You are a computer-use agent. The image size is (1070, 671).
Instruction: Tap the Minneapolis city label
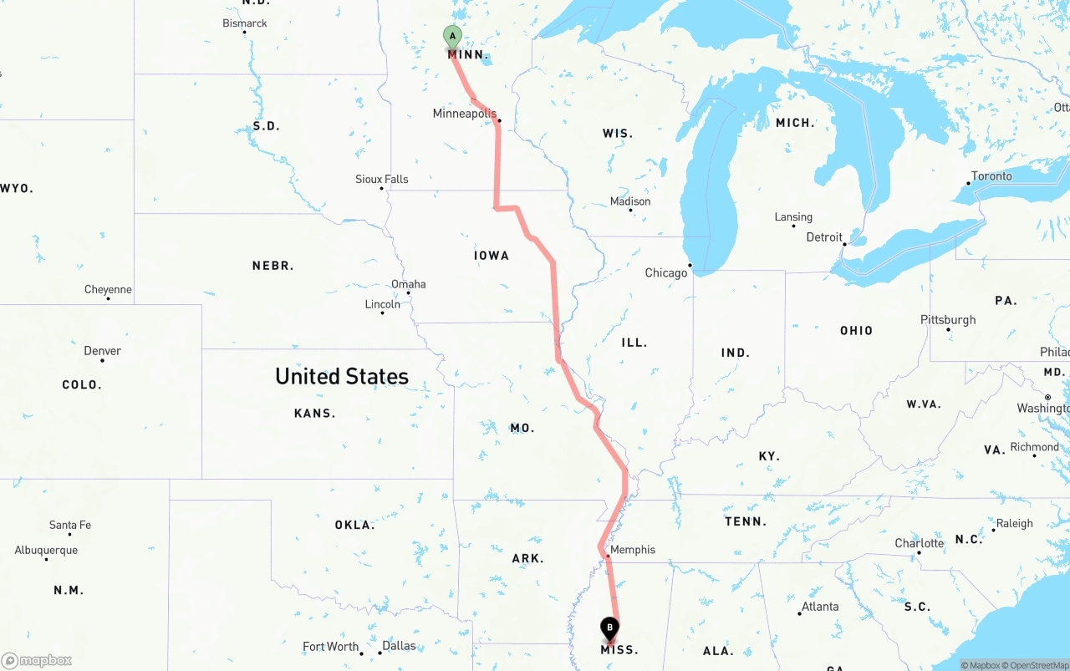[464, 114]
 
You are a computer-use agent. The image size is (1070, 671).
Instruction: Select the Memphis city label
[633, 550]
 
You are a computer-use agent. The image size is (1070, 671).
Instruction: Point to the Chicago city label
[665, 273]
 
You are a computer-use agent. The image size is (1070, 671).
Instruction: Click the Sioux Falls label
[382, 179]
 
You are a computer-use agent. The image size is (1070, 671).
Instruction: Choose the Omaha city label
[409, 284]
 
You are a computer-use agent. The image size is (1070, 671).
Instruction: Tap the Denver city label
[102, 351]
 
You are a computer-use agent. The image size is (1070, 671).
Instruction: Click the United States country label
[342, 377]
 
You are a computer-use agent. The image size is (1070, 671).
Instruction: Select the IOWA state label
[492, 256]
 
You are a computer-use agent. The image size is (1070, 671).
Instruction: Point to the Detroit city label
[824, 237]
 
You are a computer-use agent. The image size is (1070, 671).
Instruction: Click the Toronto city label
[991, 176]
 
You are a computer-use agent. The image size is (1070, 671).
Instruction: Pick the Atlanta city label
[820, 607]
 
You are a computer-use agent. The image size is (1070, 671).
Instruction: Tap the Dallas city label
[399, 646]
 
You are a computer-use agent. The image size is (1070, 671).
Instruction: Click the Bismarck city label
[245, 23]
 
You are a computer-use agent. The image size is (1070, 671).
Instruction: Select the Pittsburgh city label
[948, 320]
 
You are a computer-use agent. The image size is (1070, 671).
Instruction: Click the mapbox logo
[37, 661]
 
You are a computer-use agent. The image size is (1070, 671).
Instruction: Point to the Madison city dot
[630, 210]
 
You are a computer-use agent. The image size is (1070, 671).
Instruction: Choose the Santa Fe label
[70, 525]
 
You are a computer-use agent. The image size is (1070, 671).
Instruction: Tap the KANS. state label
[314, 413]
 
